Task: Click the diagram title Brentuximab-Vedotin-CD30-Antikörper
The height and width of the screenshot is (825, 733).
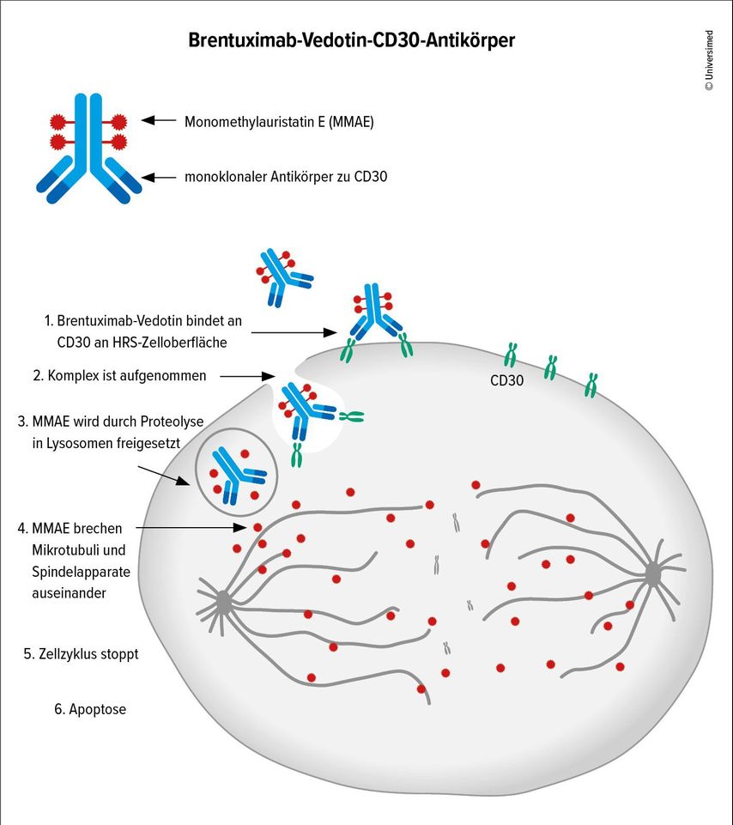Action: click(352, 40)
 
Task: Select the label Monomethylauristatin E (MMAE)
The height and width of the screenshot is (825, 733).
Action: click(279, 122)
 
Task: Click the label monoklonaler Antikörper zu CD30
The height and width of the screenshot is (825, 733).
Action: click(286, 178)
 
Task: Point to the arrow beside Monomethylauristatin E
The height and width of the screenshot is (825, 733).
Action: click(159, 122)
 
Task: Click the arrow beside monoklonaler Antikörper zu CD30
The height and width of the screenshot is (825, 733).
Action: click(159, 178)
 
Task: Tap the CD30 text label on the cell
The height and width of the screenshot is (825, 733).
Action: click(507, 379)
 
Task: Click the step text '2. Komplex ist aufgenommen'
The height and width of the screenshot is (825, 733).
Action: click(119, 375)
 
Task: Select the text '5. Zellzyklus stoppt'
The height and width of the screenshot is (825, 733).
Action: click(81, 653)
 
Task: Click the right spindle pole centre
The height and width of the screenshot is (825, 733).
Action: click(653, 574)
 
